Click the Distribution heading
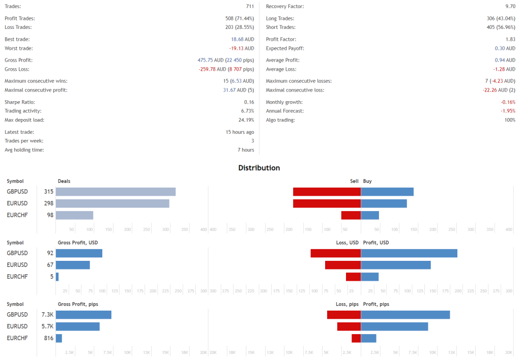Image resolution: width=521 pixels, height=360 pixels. pyautogui.click(x=259, y=168)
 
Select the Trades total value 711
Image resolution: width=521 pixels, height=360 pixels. pyautogui.click(x=250, y=7)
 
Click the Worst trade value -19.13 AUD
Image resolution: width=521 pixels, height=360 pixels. pyautogui.click(x=242, y=48)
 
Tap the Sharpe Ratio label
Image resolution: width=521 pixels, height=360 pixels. pyautogui.click(x=20, y=102)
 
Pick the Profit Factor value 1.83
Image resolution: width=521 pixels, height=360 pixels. pyautogui.click(x=510, y=39)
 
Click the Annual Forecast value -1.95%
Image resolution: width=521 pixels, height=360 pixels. pyautogui.click(x=508, y=111)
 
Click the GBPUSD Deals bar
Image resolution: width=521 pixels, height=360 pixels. pyautogui.click(x=115, y=192)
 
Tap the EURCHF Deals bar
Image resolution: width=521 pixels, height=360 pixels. pyautogui.click(x=74, y=215)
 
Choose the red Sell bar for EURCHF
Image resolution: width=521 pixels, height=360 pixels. pyautogui.click(x=351, y=215)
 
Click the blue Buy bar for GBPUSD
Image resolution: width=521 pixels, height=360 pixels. pyautogui.click(x=387, y=192)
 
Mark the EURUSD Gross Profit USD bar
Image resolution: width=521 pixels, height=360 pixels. pyautogui.click(x=73, y=265)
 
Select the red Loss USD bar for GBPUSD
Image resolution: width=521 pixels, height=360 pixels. pyautogui.click(x=336, y=253)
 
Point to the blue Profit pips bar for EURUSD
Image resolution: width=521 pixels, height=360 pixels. pyautogui.click(x=394, y=326)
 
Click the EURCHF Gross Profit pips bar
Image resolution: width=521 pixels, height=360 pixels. pyautogui.click(x=59, y=338)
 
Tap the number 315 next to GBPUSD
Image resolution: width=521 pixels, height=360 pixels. pyautogui.click(x=49, y=192)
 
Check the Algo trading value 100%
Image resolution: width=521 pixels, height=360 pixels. pyautogui.click(x=509, y=120)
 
